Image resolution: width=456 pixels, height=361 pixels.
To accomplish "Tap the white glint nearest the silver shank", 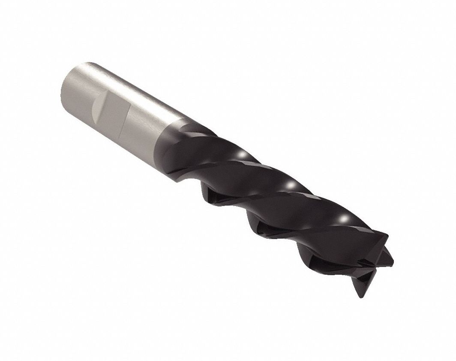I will [x=241, y=154].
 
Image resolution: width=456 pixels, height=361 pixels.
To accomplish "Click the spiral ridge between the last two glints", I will [x=317, y=204].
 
